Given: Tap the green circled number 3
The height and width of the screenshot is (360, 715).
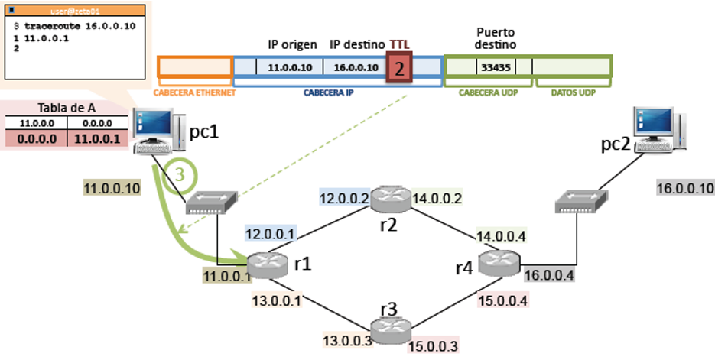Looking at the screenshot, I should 180,174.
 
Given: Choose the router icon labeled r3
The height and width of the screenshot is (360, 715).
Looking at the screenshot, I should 390,327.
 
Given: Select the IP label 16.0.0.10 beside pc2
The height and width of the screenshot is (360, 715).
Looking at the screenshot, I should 685,188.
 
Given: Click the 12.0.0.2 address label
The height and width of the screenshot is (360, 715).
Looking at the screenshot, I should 344,199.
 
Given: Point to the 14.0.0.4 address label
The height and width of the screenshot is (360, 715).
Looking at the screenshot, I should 502,235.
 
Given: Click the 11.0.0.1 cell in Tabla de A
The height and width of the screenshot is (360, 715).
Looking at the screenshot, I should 96,138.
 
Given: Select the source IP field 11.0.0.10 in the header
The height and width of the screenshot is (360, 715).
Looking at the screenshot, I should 291,67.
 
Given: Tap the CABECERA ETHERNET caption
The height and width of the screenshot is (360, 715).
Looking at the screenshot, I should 194,92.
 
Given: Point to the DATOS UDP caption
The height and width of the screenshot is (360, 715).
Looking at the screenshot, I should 572,92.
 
